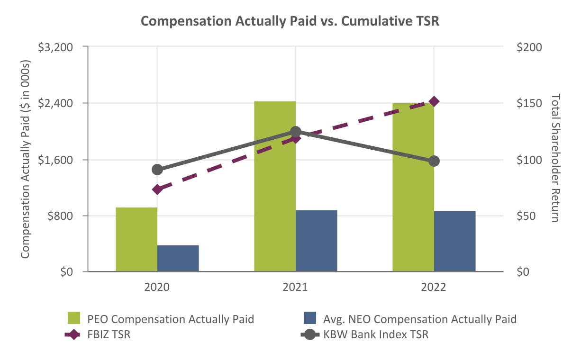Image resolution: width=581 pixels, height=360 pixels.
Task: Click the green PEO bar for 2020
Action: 136,239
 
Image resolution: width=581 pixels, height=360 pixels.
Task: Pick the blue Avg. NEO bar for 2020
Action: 178,258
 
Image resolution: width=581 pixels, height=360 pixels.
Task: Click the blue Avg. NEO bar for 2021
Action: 316,241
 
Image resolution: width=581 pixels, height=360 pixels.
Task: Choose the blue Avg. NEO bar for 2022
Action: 454,241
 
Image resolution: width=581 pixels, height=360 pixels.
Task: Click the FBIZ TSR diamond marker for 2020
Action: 158,189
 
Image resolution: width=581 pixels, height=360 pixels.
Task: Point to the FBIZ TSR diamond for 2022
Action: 434,101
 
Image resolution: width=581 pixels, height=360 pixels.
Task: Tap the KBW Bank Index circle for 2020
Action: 158,170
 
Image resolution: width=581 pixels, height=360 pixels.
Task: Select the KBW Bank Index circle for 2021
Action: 296,132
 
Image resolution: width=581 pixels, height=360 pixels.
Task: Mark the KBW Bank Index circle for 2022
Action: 434,162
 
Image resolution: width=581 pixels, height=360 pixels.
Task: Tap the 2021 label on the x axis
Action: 296,288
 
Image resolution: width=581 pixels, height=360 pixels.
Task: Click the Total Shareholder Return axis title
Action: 555,158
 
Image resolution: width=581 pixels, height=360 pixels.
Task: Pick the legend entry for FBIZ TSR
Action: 109,335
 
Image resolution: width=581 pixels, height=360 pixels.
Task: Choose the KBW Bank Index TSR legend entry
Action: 376,335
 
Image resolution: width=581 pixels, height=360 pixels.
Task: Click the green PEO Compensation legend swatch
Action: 76,319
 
